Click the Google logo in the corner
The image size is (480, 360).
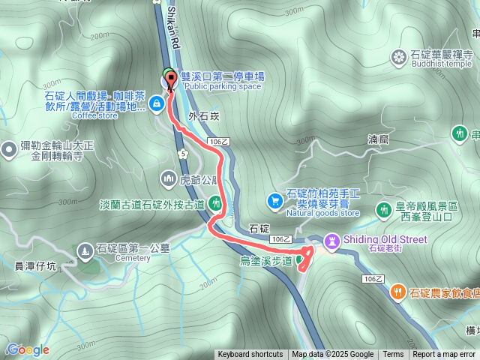point(28,349)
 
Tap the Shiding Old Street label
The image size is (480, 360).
point(385,239)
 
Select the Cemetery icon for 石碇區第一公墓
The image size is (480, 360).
point(84,250)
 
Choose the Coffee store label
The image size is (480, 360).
point(94,115)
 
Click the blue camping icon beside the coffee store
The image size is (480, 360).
point(157,103)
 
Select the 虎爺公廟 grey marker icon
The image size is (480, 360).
point(167,178)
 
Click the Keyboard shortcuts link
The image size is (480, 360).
point(250,355)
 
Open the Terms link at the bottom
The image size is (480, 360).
point(393,355)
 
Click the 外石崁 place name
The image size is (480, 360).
point(204,116)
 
